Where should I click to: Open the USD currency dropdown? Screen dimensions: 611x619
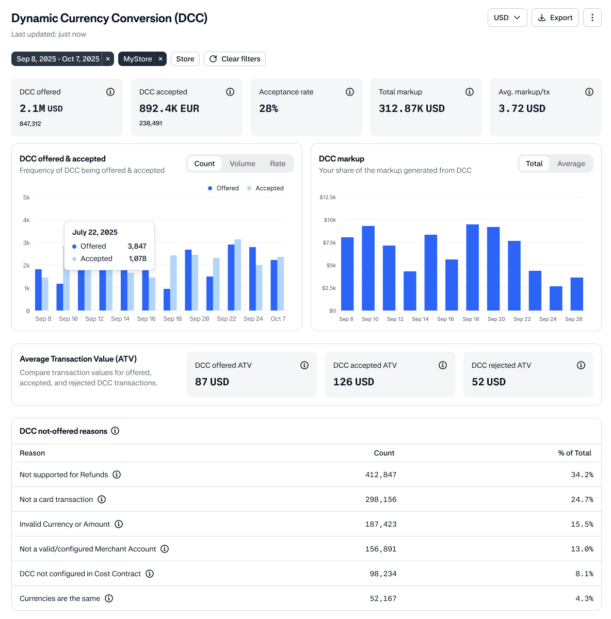(507, 18)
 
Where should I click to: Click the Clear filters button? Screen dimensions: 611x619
(234, 59)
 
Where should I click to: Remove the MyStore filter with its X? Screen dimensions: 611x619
(160, 59)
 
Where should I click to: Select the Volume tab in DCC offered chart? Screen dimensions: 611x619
(242, 164)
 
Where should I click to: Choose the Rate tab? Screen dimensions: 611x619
(278, 164)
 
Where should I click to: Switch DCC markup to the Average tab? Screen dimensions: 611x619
(571, 164)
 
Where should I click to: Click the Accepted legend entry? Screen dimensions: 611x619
(265, 188)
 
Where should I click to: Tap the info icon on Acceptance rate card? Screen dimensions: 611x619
(349, 92)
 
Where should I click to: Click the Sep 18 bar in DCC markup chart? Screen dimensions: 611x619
(472, 267)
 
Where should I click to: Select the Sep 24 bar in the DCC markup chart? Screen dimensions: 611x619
(556, 298)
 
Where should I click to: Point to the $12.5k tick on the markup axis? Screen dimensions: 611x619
(328, 197)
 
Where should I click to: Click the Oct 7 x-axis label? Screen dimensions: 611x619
(278, 319)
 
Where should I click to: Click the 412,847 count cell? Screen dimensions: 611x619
(380, 475)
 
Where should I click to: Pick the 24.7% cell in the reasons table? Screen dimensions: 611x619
(582, 499)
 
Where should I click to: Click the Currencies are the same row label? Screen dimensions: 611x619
(60, 598)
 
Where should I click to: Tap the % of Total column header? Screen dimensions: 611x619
(574, 453)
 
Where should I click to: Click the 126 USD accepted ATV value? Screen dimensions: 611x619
(353, 382)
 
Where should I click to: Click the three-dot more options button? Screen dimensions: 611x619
(592, 18)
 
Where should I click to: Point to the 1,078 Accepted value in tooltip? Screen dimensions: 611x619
(138, 258)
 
